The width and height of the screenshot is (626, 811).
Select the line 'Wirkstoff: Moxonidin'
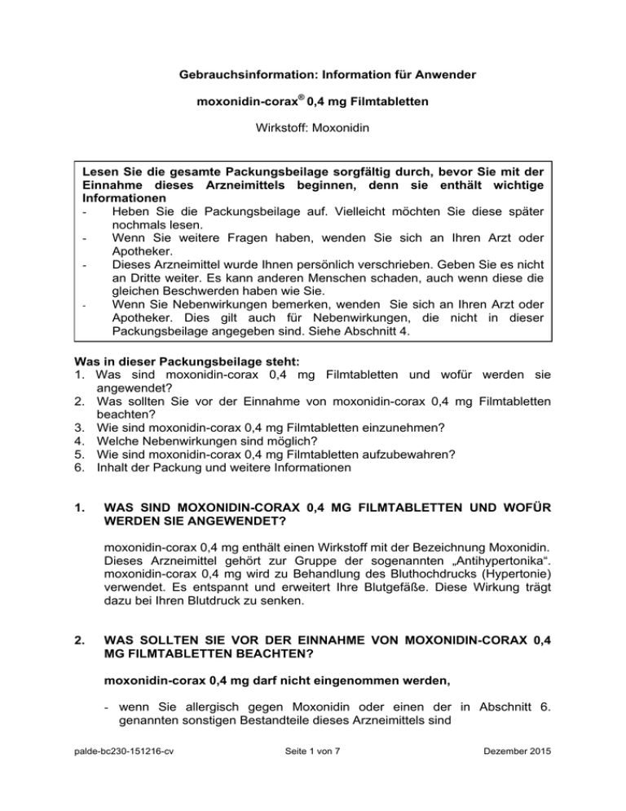pos(312,130)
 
